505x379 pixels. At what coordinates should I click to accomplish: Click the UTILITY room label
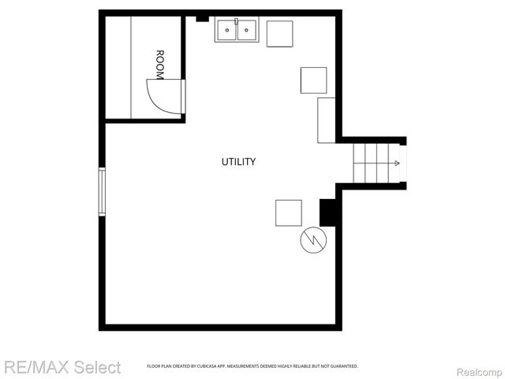(x=238, y=162)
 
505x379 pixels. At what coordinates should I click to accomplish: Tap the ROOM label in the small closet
(x=159, y=65)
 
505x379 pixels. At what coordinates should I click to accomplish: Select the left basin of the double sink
(x=227, y=31)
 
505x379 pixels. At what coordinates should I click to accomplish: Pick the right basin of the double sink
(x=248, y=31)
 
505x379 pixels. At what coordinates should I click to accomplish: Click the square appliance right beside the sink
(x=279, y=34)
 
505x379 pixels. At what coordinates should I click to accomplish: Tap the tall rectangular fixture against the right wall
(x=327, y=120)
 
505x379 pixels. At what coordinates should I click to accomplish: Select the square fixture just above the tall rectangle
(x=313, y=80)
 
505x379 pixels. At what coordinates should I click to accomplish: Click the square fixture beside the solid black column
(x=288, y=212)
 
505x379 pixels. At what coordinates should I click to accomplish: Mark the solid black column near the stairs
(x=327, y=212)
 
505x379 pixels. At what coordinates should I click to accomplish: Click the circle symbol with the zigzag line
(x=312, y=241)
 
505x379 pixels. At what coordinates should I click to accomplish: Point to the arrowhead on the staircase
(x=396, y=163)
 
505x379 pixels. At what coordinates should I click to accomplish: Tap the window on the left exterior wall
(x=102, y=191)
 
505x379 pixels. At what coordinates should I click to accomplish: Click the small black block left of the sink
(x=202, y=17)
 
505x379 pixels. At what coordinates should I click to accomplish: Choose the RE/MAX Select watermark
(x=62, y=367)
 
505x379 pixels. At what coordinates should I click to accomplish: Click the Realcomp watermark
(x=475, y=369)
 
